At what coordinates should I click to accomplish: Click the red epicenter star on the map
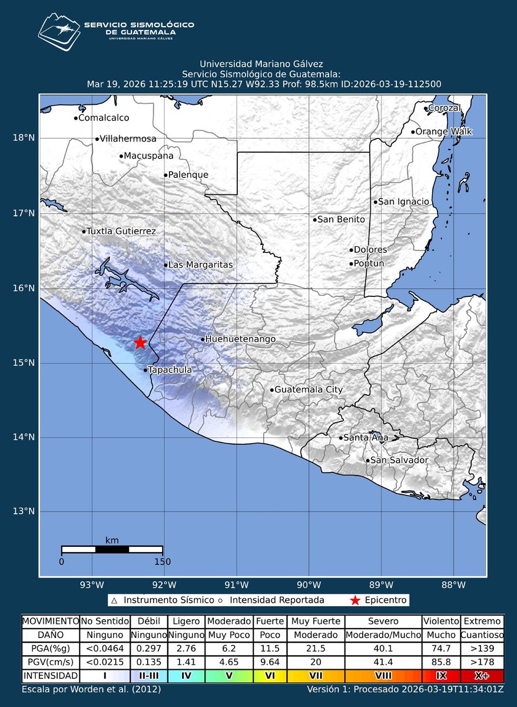click(x=140, y=343)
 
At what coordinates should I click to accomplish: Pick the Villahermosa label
click(x=128, y=139)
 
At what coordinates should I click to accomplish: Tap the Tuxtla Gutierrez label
click(x=121, y=232)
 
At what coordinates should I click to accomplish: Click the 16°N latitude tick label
click(x=23, y=288)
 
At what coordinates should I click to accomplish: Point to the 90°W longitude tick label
click(x=309, y=585)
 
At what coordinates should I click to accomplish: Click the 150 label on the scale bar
click(x=163, y=561)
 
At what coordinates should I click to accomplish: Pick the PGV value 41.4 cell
click(x=383, y=662)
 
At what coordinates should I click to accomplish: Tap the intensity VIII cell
click(x=383, y=676)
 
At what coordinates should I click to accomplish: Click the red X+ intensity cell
click(x=482, y=676)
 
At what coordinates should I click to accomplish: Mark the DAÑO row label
click(x=50, y=635)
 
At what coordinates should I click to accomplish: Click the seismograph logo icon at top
click(x=58, y=32)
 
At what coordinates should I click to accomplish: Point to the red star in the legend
click(x=354, y=600)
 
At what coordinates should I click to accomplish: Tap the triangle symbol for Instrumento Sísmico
click(x=115, y=601)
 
